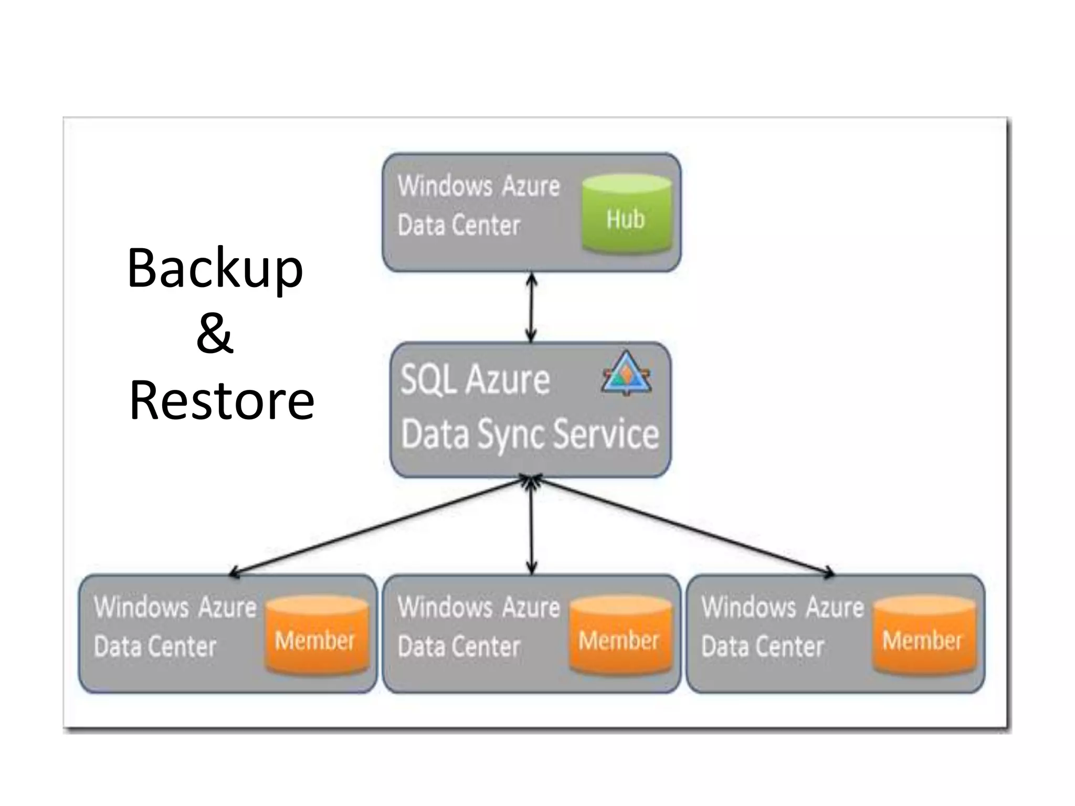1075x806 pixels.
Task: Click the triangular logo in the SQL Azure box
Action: pos(626,375)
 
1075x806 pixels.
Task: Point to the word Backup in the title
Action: pos(215,268)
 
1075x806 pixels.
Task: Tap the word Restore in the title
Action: pos(222,401)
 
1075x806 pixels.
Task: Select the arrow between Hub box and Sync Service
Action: pos(531,307)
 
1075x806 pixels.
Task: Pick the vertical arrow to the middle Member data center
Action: pos(531,525)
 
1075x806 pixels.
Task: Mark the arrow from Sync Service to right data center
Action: pos(682,525)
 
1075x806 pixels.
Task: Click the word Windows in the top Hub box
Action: pos(445,186)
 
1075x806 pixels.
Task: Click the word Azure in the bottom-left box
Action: pos(228,607)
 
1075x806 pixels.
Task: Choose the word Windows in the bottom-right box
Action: pos(749,607)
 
